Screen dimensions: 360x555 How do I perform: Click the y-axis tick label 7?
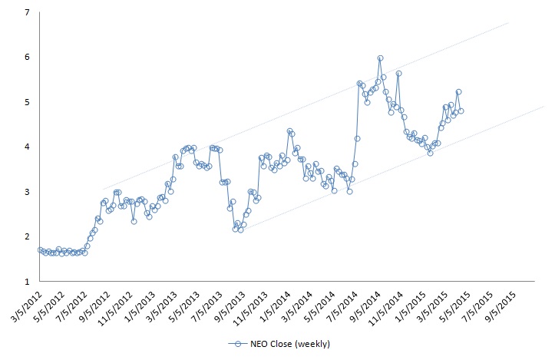pyautogui.click(x=28, y=13)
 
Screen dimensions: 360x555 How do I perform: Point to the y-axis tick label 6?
pyautogui.click(x=28, y=58)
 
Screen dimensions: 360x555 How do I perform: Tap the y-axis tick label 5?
pyautogui.click(x=28, y=102)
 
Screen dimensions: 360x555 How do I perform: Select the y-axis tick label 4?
pyautogui.click(x=28, y=147)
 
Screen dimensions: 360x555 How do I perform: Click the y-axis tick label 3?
pyautogui.click(x=28, y=191)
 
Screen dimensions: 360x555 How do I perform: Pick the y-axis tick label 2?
pyautogui.click(x=28, y=236)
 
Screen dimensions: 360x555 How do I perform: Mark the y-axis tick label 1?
pyautogui.click(x=28, y=281)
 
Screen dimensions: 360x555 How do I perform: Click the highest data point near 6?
pyautogui.click(x=380, y=58)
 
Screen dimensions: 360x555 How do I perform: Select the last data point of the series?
pyautogui.click(x=461, y=111)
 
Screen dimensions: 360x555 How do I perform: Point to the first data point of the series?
pyautogui.click(x=40, y=249)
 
